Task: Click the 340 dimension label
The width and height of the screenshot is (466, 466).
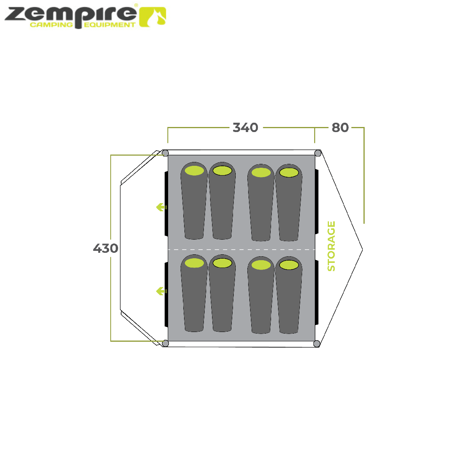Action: [246, 127]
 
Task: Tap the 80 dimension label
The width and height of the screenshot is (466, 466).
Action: [340, 127]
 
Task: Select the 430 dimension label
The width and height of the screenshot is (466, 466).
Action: [105, 248]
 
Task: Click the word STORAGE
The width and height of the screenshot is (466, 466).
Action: [331, 246]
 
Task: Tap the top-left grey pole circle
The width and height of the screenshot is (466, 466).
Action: [165, 153]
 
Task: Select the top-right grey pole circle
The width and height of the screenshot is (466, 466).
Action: [318, 153]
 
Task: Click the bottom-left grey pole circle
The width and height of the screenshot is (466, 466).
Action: [165, 343]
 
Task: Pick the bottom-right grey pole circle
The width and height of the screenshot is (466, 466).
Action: [316, 343]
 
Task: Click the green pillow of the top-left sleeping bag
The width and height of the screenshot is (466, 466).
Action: [195, 170]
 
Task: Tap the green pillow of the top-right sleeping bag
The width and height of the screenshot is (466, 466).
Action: [289, 172]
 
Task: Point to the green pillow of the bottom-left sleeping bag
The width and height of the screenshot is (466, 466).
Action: [195, 263]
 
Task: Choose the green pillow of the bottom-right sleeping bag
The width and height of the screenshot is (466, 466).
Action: [289, 265]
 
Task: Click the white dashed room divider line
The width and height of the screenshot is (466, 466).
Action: [241, 249]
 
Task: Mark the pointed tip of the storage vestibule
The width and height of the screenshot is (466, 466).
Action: [362, 249]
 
